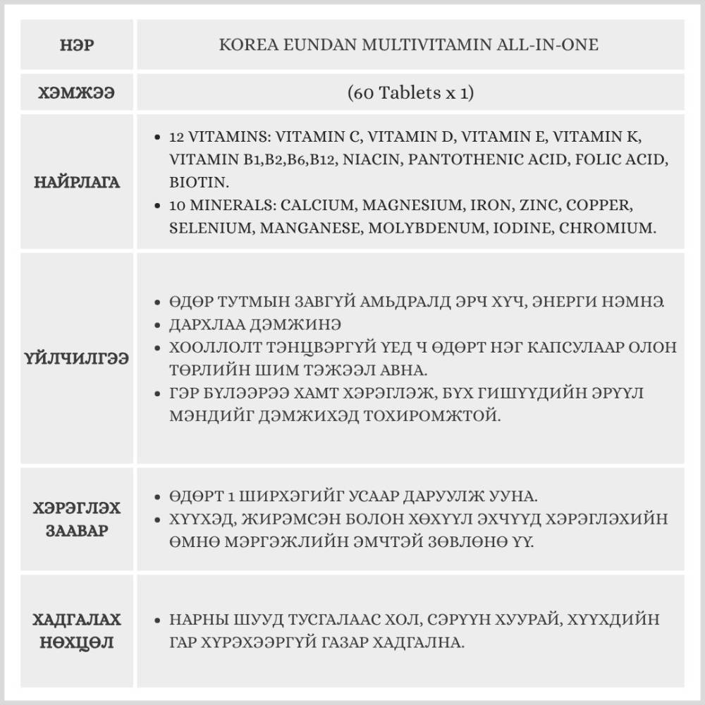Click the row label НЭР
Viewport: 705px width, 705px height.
pyautogui.click(x=78, y=46)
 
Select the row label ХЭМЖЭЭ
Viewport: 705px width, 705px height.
pyautogui.click(x=78, y=92)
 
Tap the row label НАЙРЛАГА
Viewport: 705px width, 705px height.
pyautogui.click(x=78, y=183)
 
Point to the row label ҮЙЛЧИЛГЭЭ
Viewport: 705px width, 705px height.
pyautogui.click(x=78, y=359)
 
